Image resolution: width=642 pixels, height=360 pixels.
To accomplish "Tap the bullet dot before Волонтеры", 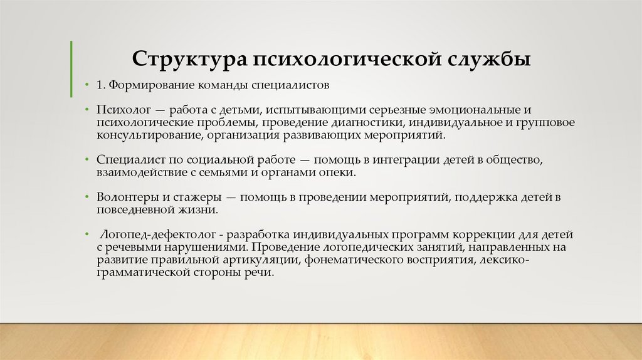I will tap(87, 198).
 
